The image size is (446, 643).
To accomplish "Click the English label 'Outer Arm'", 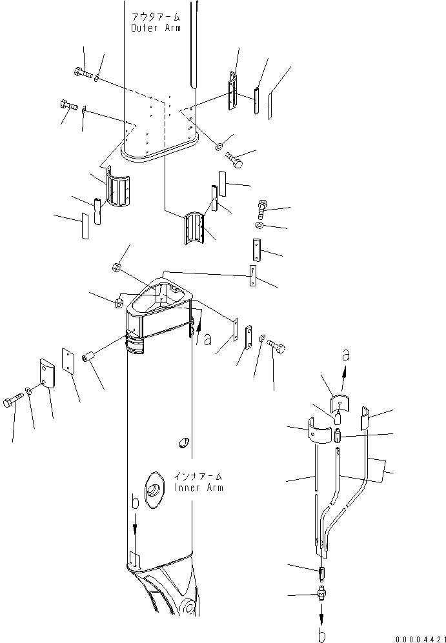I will pyautogui.click(x=156, y=28).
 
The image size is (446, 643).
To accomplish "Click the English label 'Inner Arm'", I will pyautogui.click(x=199, y=488).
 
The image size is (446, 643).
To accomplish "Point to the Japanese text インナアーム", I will pyautogui.click(x=199, y=477).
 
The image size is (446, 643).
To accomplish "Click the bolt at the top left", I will pyautogui.click(x=83, y=73).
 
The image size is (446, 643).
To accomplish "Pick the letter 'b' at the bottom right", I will pyautogui.click(x=322, y=630).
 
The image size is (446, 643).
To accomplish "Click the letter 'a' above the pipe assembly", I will pyautogui.click(x=347, y=355).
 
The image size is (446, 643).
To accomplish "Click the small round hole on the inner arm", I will pyautogui.click(x=183, y=442).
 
